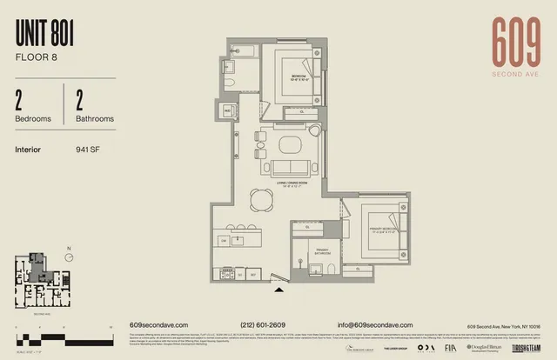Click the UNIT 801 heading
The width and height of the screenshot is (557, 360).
pos(44,35)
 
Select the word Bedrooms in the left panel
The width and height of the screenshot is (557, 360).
pos(33,118)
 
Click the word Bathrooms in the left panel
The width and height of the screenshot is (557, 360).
pos(94,118)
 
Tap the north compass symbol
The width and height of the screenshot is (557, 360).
pos(68,256)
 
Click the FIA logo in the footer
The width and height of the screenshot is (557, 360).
pos(449,347)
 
